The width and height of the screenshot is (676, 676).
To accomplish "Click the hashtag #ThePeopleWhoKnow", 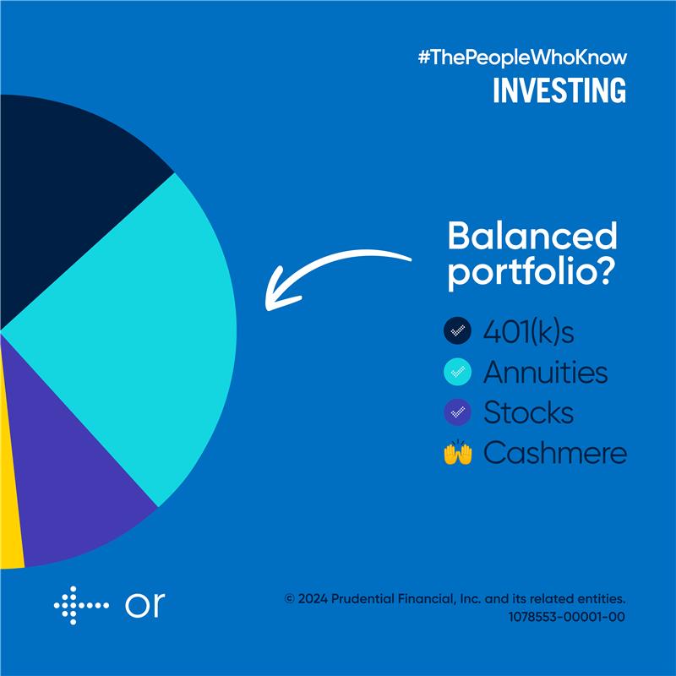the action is click(x=522, y=57).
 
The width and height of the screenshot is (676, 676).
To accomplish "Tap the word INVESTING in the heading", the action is click(x=559, y=90).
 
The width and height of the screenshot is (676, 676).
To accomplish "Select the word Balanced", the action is click(x=532, y=236).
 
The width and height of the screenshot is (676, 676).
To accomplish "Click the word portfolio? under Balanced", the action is click(x=531, y=272).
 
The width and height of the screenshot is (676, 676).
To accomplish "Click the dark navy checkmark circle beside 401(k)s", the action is click(x=457, y=330).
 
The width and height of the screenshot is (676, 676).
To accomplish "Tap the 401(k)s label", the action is click(x=529, y=332).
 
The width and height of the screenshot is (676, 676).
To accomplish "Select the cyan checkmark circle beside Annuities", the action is click(x=457, y=371).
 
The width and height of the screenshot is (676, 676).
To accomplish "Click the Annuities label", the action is click(x=546, y=372).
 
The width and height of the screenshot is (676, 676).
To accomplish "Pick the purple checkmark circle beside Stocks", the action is click(x=457, y=412).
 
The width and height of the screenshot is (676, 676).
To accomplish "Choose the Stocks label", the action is click(x=529, y=412).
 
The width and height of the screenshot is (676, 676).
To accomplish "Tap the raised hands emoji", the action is click(x=458, y=453).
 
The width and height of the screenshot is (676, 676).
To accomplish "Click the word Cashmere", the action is click(x=555, y=453).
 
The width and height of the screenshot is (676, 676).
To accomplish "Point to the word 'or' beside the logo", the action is click(x=145, y=605).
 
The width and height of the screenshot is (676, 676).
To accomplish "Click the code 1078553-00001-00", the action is click(x=566, y=617).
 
